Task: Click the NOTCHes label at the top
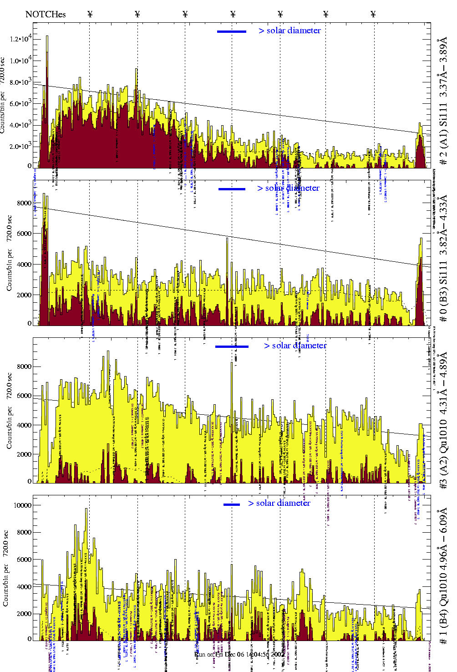click(46, 14)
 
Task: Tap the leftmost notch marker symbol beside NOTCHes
click(90, 14)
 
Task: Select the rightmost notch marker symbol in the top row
click(373, 14)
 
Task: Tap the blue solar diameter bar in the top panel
click(232, 31)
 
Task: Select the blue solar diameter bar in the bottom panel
click(232, 504)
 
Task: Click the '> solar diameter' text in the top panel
click(290, 31)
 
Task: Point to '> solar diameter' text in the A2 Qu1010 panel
click(295, 346)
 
